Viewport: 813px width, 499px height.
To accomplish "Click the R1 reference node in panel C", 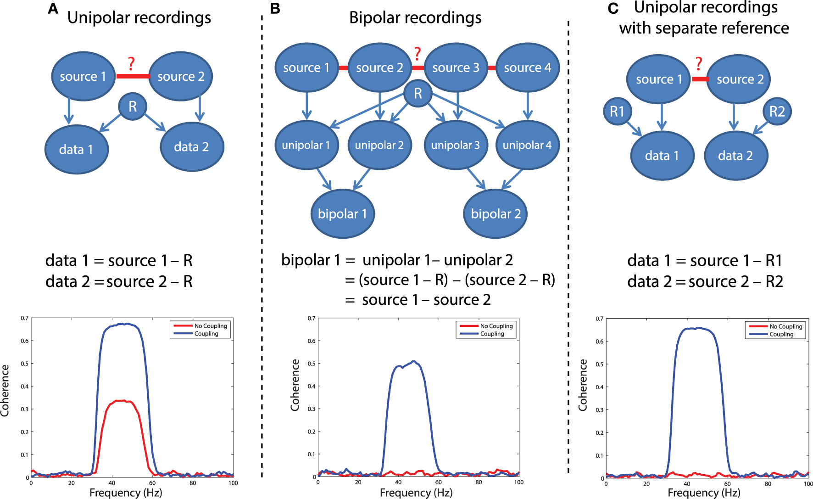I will coord(617,111).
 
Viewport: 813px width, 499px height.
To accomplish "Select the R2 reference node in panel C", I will coord(777,111).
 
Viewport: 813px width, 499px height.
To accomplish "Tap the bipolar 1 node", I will coord(343,214).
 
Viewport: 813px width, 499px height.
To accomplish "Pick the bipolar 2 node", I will coord(496,214).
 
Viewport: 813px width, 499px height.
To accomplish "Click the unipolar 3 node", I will coord(456,145).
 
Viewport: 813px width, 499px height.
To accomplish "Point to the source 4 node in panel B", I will coord(528,68).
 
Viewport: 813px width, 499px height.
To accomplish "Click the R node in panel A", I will coord(133,107).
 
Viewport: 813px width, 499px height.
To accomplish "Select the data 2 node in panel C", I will coord(735,156).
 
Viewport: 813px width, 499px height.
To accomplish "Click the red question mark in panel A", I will coord(131,64).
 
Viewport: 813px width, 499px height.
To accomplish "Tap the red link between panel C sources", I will coord(700,79).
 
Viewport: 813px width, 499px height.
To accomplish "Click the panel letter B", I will coord(275,9).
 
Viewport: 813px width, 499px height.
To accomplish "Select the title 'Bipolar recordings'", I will coord(415,17).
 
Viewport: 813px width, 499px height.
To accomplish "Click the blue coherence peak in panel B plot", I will coord(414,361).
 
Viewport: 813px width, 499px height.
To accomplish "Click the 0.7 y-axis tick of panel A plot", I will coord(24,318).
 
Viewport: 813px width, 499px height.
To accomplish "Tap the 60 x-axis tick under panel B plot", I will coord(439,482).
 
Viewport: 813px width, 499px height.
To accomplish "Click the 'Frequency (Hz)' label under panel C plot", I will coord(704,493).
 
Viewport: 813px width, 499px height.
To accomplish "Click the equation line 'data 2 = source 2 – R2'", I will coord(705,281).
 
